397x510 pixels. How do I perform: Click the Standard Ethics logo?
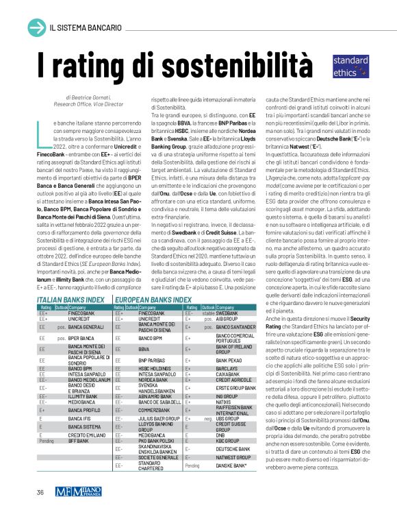coord(351,65)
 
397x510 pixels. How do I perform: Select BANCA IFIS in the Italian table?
coord(80,417)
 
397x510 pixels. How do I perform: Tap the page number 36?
coord(40,491)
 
